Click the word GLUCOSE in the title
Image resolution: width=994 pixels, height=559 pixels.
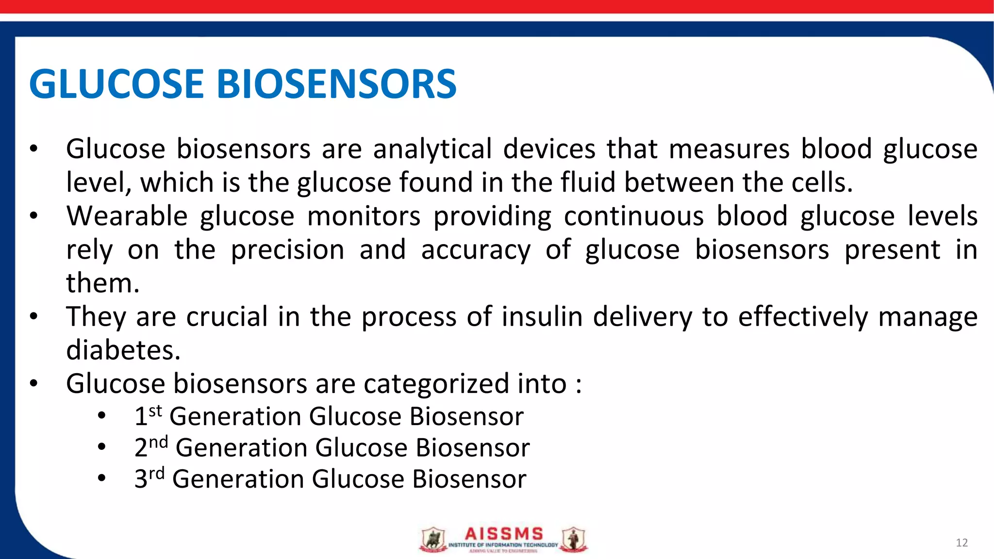pyautogui.click(x=116, y=84)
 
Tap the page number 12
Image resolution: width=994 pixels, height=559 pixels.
pyautogui.click(x=961, y=543)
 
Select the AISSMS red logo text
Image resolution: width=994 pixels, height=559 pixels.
pyautogui.click(x=504, y=534)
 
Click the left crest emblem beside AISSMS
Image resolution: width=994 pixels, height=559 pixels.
pyautogui.click(x=432, y=540)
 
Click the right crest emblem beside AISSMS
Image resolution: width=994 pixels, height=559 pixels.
pyautogui.click(x=574, y=540)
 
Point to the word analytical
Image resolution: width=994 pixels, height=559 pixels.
pyautogui.click(x=432, y=149)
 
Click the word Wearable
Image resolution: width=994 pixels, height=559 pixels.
pyautogui.click(x=127, y=216)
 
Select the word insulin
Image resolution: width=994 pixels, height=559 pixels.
pyautogui.click(x=542, y=317)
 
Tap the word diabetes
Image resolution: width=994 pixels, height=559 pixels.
pyautogui.click(x=123, y=350)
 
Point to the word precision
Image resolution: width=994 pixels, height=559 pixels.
pyautogui.click(x=287, y=250)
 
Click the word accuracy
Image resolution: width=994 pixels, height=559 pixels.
pyautogui.click(x=476, y=250)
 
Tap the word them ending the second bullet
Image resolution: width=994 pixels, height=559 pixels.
pyautogui.click(x=102, y=283)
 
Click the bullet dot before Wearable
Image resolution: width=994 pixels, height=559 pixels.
pyautogui.click(x=33, y=216)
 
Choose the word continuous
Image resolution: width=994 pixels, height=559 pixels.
pyautogui.click(x=633, y=216)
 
